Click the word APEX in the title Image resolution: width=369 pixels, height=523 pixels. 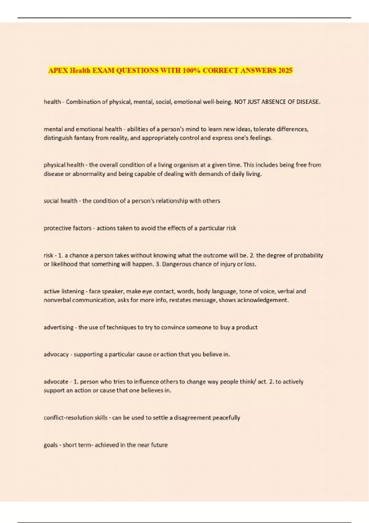click(58, 70)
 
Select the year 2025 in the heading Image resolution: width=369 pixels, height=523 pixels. click(285, 70)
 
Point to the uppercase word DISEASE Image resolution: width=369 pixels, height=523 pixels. click(308, 102)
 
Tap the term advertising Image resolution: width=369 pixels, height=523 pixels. click(58, 327)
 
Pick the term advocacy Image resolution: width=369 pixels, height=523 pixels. click(56, 354)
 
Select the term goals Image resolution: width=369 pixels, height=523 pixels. click(50, 445)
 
